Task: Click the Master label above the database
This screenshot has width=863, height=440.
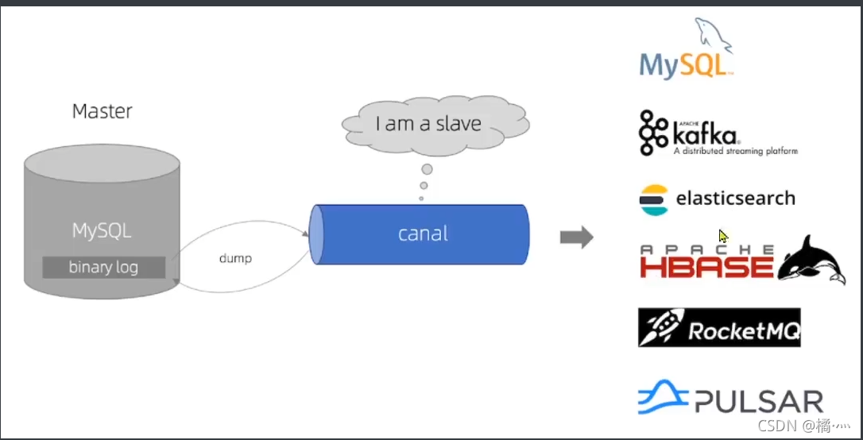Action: tap(102, 111)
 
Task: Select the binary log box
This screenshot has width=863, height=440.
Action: tap(103, 267)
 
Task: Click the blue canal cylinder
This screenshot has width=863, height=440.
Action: tap(421, 234)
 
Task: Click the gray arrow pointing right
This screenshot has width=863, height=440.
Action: tap(576, 237)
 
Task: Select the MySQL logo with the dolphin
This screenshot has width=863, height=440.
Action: tap(686, 52)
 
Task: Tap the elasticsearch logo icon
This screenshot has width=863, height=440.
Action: tap(654, 199)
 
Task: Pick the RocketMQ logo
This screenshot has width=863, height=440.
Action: tap(719, 327)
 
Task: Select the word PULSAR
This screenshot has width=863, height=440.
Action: tap(759, 401)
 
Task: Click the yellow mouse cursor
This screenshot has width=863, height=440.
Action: tap(723, 236)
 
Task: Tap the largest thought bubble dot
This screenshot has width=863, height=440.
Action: tap(427, 169)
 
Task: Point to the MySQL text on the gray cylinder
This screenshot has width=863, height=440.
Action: tap(102, 231)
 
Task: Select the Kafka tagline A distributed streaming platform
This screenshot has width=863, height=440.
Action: tap(735, 150)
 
